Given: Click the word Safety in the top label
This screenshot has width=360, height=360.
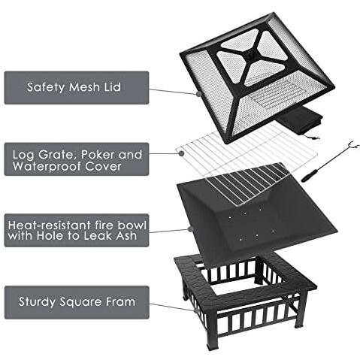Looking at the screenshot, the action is [46, 87].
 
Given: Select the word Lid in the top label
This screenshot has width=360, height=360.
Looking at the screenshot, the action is [112, 86].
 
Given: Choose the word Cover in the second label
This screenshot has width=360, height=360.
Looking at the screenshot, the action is [103, 166].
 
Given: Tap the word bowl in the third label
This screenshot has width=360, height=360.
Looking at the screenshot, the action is [132, 225].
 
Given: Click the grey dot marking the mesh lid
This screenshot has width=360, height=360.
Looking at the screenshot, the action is [198, 94].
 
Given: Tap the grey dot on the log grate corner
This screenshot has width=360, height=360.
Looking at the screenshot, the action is [182, 153].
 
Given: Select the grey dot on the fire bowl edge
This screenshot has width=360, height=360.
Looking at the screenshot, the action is [190, 228].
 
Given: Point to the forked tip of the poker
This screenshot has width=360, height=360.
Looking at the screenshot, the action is [353, 144].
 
